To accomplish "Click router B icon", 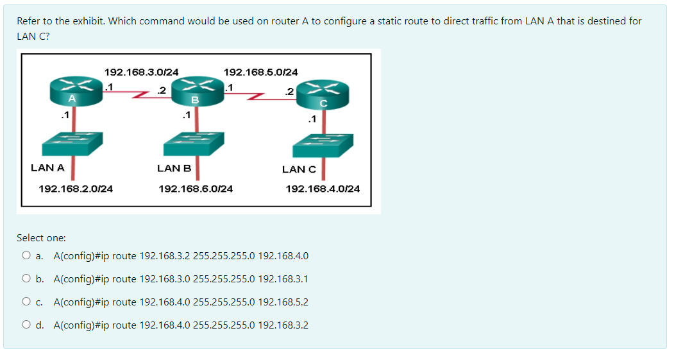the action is point(196,92).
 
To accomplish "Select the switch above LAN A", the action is point(72,144).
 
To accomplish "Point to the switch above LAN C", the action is point(323,146).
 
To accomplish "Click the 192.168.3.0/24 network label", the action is point(141,72).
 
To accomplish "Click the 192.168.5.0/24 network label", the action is point(260,72).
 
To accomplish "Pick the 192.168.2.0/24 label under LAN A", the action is point(76,189).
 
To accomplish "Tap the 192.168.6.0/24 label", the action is point(196,189).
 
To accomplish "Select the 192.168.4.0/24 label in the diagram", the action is point(323,189).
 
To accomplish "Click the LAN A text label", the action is point(47,167).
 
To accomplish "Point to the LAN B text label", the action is point(174,168).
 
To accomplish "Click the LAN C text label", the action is point(299,169).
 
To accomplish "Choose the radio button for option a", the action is point(26,255).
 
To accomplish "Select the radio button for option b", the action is point(26,279).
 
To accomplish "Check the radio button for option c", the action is point(26,302).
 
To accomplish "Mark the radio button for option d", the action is point(26,325).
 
